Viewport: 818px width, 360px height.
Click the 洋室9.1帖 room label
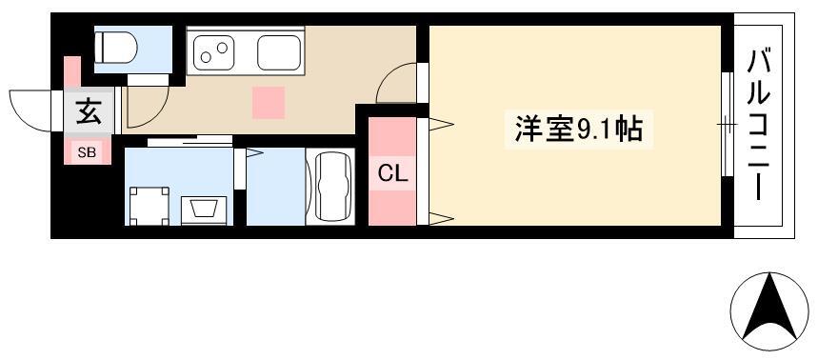578,130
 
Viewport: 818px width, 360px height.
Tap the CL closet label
392,174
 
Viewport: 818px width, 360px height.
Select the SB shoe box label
87,153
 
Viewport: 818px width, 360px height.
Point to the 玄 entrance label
89,112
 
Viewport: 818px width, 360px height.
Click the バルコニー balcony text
759,126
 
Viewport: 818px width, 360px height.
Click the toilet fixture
116,48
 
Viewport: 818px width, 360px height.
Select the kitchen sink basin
279,52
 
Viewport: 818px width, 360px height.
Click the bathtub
330,187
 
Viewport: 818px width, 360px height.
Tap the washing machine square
150,206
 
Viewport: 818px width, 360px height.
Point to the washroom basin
204,211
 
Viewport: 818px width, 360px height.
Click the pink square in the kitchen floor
269,103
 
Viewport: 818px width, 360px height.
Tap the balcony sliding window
728,125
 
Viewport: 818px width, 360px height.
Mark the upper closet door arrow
441,124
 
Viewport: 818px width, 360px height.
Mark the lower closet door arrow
441,219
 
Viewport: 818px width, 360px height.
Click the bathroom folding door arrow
254,152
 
